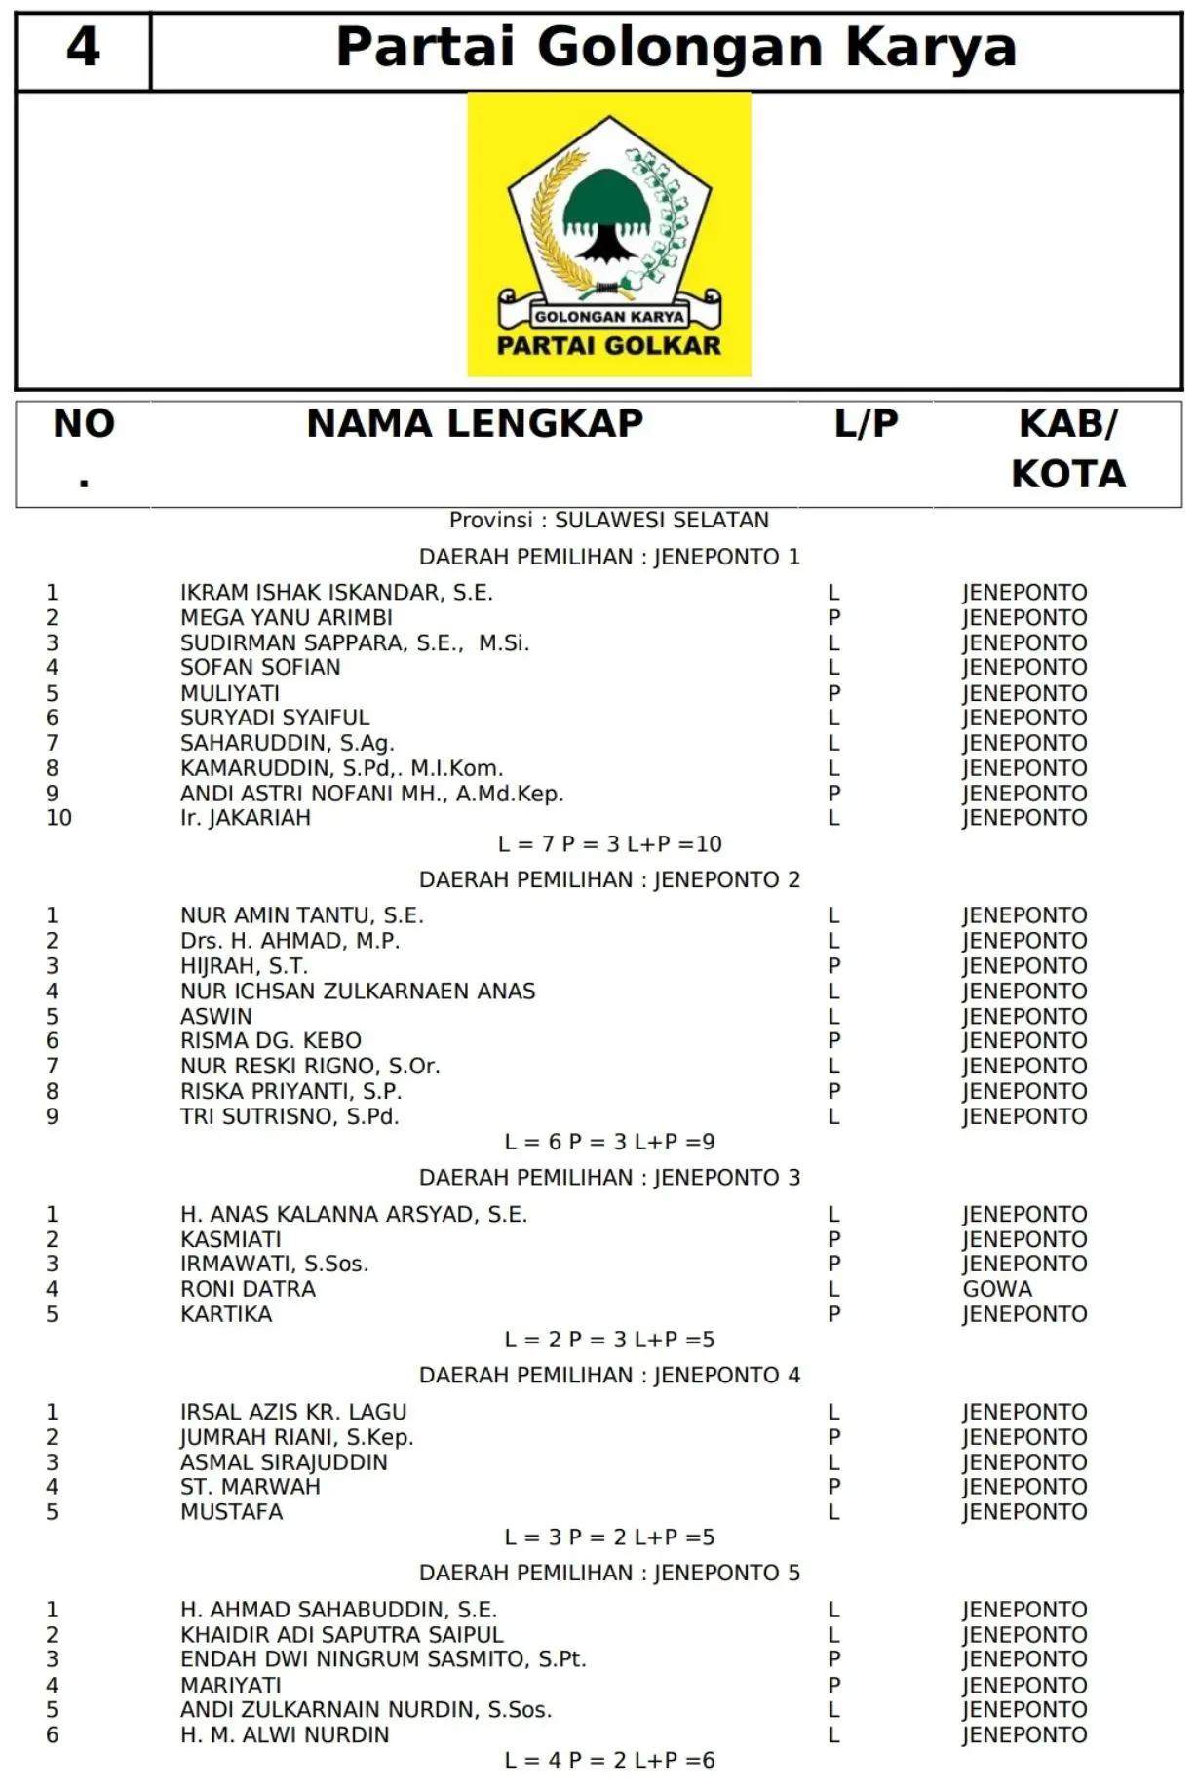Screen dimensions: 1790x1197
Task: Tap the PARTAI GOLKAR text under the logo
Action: pyautogui.click(x=608, y=346)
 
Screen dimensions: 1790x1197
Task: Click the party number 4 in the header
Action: pyautogui.click(x=84, y=48)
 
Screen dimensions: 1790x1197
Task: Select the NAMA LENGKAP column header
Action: pyautogui.click(x=475, y=424)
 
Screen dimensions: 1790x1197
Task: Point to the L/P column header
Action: pyautogui.click(x=866, y=424)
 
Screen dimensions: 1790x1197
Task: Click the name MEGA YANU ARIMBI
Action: pyautogui.click(x=286, y=618)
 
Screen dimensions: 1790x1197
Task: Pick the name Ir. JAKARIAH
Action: pyautogui.click(x=245, y=818)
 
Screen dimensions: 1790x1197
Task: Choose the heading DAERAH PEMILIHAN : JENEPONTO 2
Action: pyautogui.click(x=609, y=880)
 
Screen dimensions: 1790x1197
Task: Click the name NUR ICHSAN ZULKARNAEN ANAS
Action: pyautogui.click(x=358, y=992)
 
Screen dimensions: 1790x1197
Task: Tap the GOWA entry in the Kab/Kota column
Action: pyautogui.click(x=997, y=1289)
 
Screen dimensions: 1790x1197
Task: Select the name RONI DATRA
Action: pyautogui.click(x=248, y=1289)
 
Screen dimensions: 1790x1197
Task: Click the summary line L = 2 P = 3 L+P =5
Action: pyautogui.click(x=609, y=1340)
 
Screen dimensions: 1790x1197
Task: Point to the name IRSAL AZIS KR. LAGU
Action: pyautogui.click(x=293, y=1412)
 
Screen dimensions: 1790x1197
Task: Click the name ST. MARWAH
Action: pyautogui.click(x=250, y=1487)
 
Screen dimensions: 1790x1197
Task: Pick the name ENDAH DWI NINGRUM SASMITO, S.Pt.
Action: pyautogui.click(x=383, y=1659)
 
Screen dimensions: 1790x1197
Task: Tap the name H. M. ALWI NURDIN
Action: pyautogui.click(x=285, y=1735)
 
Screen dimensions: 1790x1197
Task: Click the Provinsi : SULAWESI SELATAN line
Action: pyautogui.click(x=609, y=521)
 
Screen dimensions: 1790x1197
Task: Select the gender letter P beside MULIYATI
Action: pyautogui.click(x=834, y=693)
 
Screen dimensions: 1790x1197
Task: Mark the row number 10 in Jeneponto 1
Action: pyautogui.click(x=58, y=818)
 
